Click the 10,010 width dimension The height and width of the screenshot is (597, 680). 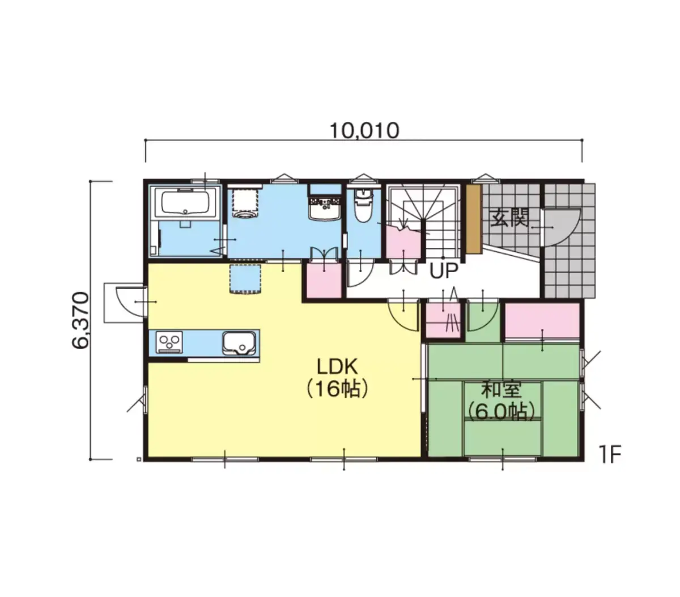[x=364, y=131]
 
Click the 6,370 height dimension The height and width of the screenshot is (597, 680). [x=81, y=321]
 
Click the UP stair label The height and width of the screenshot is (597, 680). [x=444, y=271]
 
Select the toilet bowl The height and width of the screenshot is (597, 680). [x=362, y=205]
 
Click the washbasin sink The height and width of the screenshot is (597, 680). [x=324, y=210]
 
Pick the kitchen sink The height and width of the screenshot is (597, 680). [x=239, y=343]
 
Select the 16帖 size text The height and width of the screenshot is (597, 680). [x=338, y=389]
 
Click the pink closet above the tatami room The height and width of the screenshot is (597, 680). [x=542, y=321]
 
